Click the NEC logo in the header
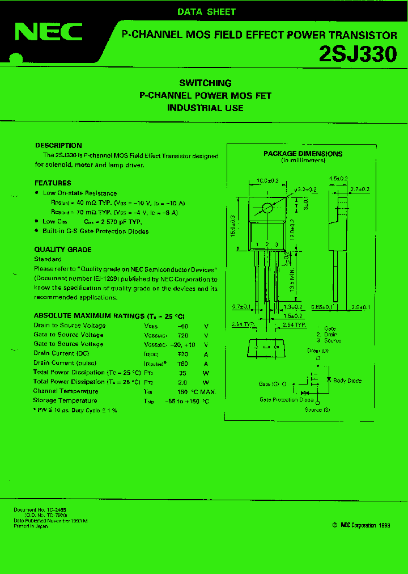click(x=49, y=33)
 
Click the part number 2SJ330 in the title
click(x=358, y=54)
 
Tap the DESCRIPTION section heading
click(x=58, y=145)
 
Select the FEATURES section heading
click(x=53, y=183)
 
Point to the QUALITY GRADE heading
click(x=62, y=250)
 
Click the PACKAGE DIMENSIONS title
click(x=303, y=153)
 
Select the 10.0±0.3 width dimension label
click(x=267, y=180)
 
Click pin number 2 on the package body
click(x=266, y=244)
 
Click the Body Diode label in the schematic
click(x=347, y=381)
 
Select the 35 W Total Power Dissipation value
click(x=182, y=373)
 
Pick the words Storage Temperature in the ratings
click(x=65, y=400)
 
